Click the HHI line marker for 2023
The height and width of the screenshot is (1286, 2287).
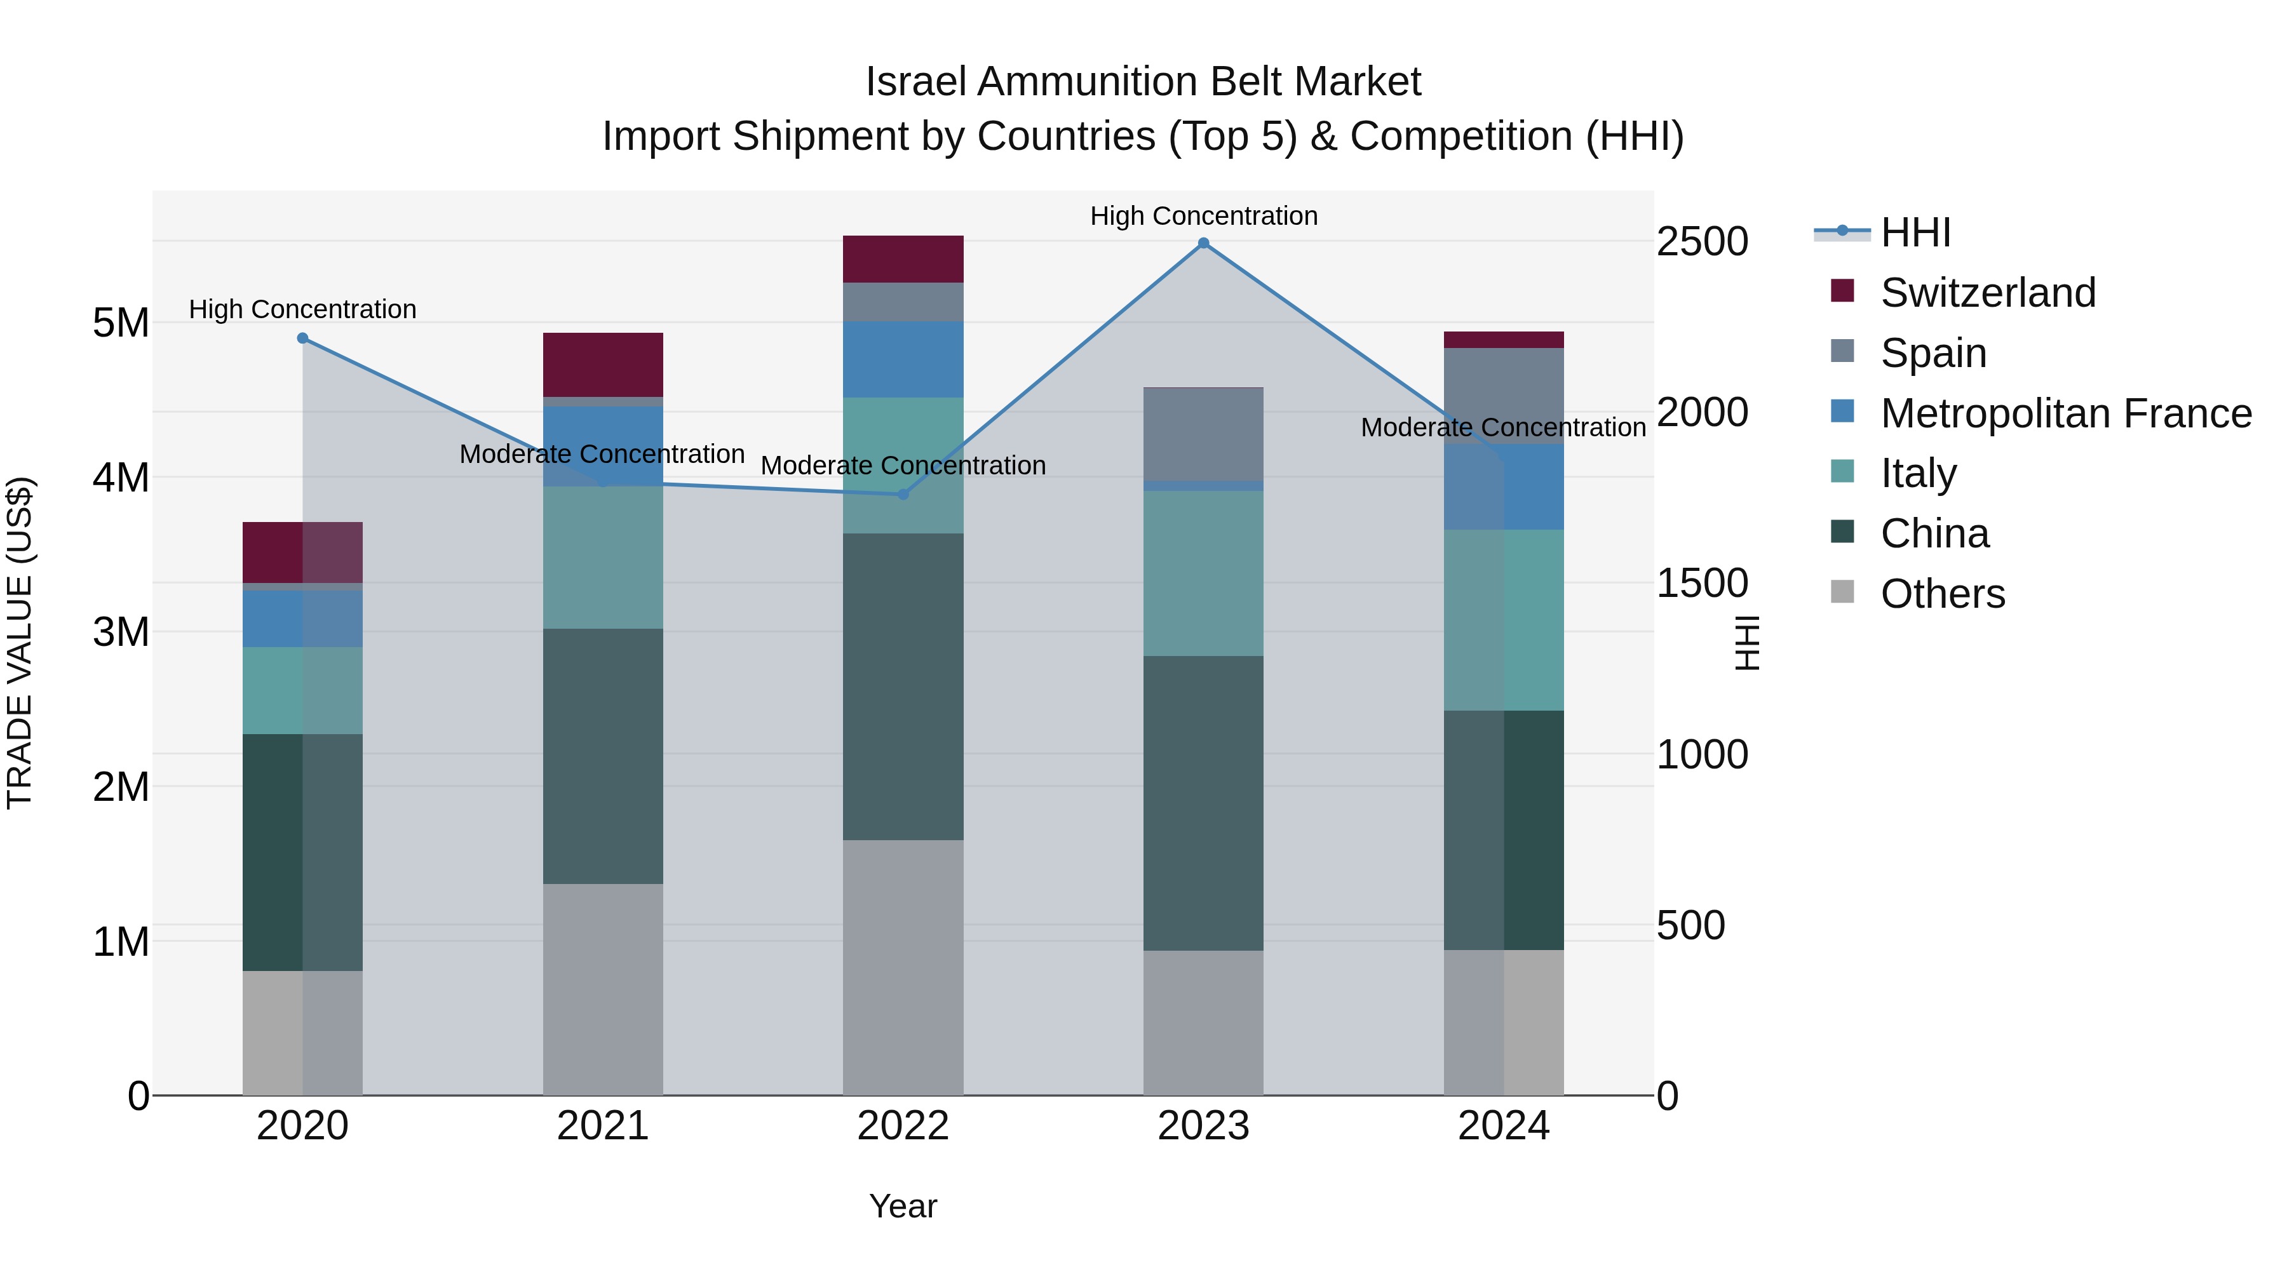pos(1203,243)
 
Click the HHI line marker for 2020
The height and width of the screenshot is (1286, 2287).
pos(303,338)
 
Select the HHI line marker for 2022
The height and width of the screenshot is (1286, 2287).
pos(903,494)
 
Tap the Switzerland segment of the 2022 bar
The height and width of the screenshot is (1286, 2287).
pos(903,259)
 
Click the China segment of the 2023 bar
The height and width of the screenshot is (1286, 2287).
pos(1203,803)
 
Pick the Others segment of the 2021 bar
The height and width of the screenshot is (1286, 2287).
pos(603,989)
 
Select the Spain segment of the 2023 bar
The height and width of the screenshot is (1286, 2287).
pos(1203,435)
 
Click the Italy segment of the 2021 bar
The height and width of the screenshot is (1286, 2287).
pos(603,558)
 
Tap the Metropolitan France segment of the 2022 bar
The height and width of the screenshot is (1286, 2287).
pos(903,359)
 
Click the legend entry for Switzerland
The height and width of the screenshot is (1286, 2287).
pos(1987,293)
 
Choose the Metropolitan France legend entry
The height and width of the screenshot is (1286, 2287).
pos(2065,413)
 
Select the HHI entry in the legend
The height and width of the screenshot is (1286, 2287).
pos(1915,232)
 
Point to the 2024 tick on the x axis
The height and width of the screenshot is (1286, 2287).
pos(1503,1126)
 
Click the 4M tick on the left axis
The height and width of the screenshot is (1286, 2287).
pos(121,478)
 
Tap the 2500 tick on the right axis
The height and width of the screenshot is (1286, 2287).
pos(1702,241)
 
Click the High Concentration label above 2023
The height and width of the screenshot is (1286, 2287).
pos(1203,216)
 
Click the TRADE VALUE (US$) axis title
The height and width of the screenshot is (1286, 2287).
pos(20,643)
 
